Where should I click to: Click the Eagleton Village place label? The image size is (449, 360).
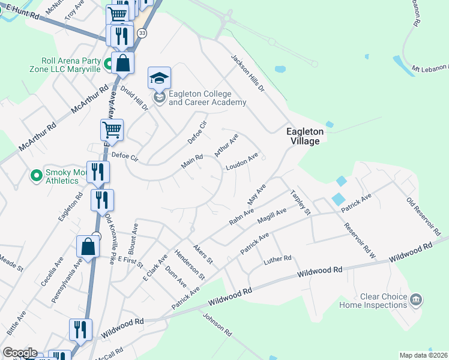point(304,136)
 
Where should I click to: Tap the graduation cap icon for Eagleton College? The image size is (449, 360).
point(160,78)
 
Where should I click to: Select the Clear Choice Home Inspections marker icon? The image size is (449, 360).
point(416,298)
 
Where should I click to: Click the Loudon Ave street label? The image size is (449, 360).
point(242,161)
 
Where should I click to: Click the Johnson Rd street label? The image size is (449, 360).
point(217,325)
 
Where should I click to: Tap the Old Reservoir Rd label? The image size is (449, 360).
point(424,217)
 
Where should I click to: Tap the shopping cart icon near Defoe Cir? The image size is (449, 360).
point(112,129)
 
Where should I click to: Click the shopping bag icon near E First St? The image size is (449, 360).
point(88,246)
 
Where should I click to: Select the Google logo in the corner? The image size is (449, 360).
point(19,353)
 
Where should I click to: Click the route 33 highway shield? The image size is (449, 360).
point(142,34)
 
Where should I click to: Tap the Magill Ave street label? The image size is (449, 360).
point(271,216)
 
